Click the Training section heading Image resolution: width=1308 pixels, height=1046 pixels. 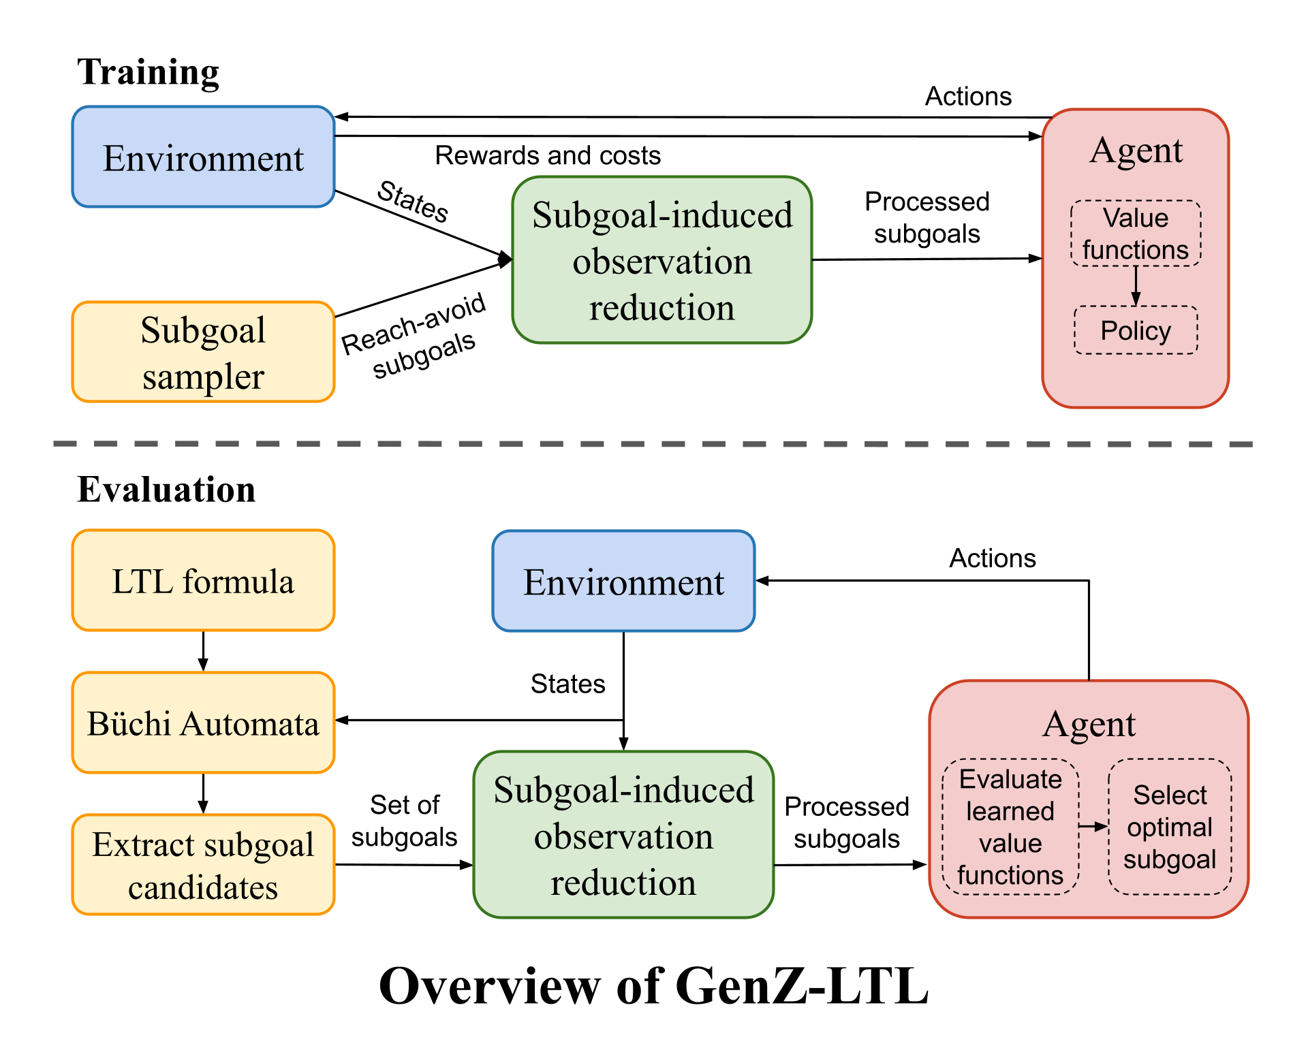pos(148,72)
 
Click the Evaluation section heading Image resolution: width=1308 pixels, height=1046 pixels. pos(166,490)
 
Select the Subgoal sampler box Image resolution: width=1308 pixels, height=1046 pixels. pos(203,352)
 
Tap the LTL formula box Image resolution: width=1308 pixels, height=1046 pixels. pos(203,581)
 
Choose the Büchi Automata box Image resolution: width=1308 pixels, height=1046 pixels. pos(203,723)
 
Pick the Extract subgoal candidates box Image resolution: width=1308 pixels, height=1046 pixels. pos(203,865)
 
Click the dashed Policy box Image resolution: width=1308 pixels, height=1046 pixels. pos(1136,330)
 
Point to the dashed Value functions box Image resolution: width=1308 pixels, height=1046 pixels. pos(1136,233)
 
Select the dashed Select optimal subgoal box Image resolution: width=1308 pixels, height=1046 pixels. pos(1170,827)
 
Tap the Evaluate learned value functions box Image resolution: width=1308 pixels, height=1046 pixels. pos(1010,827)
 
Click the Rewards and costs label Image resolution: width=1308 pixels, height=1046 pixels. pos(548,155)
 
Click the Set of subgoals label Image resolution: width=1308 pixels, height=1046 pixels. pos(404,821)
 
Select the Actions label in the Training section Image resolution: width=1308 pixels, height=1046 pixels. pos(968,97)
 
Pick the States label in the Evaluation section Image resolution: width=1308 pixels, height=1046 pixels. pos(567,684)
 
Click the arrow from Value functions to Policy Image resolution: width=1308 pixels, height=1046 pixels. pos(1136,285)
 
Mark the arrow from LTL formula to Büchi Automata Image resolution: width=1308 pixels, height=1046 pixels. pos(203,651)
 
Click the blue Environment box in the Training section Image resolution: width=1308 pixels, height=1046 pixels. pos(203,157)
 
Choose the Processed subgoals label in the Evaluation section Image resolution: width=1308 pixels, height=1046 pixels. pos(847,823)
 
